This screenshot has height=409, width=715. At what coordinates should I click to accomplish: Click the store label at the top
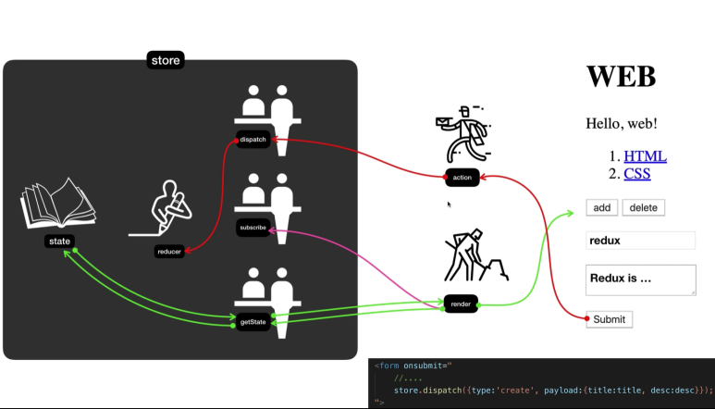coord(166,61)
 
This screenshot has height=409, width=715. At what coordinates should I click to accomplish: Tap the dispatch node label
coord(253,140)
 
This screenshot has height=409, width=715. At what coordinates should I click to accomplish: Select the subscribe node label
coord(253,228)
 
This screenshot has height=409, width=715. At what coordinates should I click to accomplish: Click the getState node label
coord(253,322)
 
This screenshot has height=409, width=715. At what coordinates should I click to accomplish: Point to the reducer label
coord(168,252)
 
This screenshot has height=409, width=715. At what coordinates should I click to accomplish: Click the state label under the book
coord(59,242)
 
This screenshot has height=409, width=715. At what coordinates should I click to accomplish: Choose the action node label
coord(462,177)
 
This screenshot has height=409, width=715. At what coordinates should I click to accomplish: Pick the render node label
coord(461,304)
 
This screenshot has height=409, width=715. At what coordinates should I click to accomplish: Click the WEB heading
coord(621,76)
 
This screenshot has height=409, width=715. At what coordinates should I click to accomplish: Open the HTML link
coord(645,156)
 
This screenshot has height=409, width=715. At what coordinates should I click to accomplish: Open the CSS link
coord(636,173)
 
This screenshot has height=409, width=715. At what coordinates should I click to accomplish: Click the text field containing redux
coord(640,241)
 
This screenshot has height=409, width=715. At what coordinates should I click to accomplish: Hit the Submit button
coord(610,319)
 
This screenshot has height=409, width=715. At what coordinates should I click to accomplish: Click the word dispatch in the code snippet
coord(442,390)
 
